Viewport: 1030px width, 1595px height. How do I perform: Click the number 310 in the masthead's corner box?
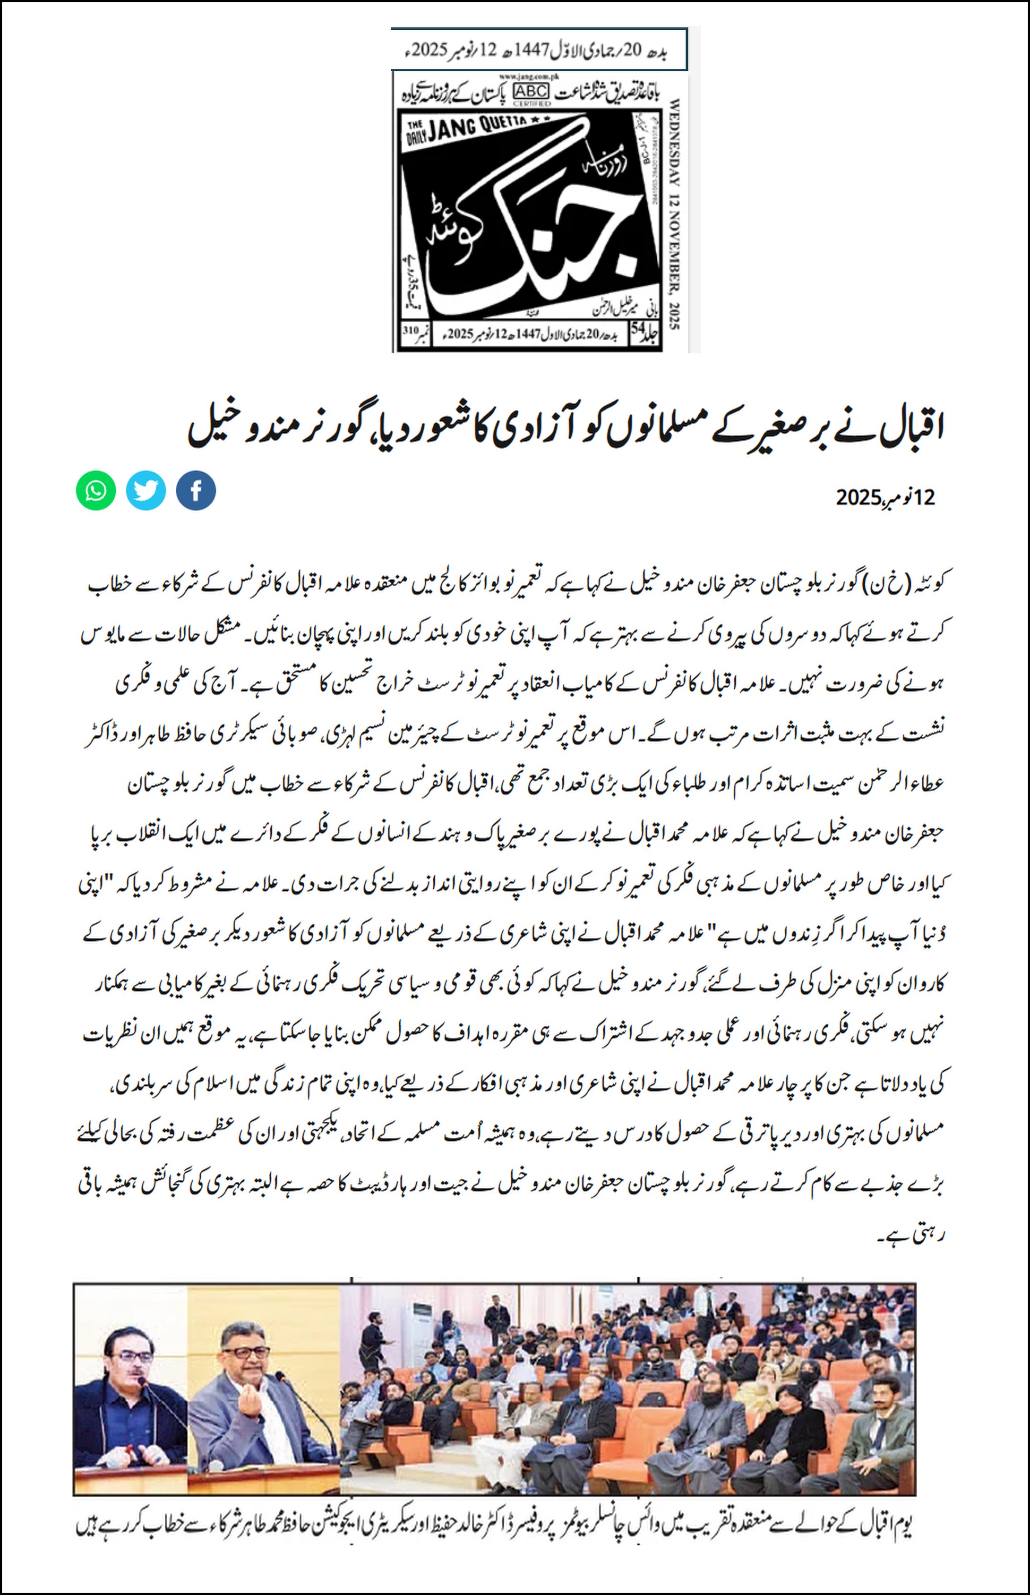click(x=410, y=330)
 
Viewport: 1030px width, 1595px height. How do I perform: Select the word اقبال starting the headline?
click(x=913, y=428)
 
